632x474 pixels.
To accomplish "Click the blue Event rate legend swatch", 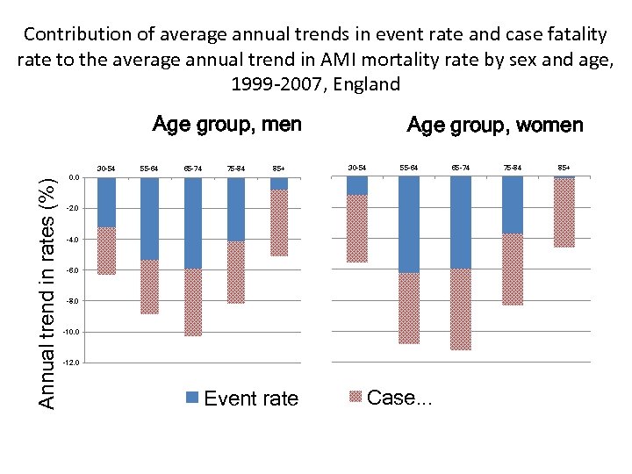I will [192, 398].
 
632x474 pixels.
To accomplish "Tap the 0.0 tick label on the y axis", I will [75, 178].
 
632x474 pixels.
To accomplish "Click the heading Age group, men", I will [226, 124].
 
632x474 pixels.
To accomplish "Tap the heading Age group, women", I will [495, 125].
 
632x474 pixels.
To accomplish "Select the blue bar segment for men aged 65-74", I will [192, 223].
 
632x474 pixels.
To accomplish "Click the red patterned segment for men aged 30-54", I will [106, 251].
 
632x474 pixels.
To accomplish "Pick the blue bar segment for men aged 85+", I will [279, 183].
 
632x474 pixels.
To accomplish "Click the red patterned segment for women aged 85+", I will [564, 213].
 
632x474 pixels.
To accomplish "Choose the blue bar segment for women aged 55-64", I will [409, 224].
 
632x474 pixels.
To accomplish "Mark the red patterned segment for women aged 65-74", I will [460, 309].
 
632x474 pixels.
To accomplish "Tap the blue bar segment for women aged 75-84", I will [513, 205].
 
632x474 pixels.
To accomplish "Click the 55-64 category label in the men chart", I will [149, 167].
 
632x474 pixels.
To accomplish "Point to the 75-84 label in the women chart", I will [513, 166].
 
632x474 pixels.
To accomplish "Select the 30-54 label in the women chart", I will [357, 166].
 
